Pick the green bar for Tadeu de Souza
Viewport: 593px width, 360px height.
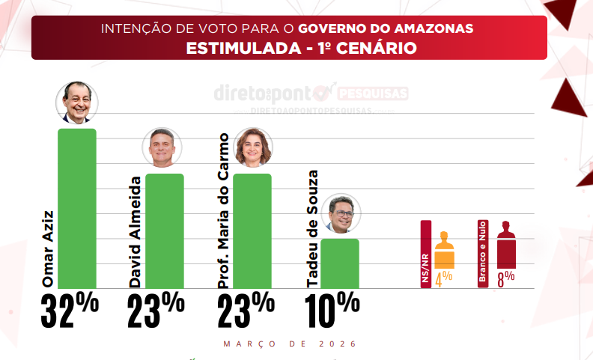click(x=340, y=263)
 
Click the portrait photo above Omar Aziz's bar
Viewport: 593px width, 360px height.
click(x=77, y=103)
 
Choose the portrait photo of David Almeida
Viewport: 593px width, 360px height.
click(x=164, y=147)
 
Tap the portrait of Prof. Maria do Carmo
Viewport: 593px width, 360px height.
click(x=253, y=147)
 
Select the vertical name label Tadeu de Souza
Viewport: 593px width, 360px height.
click(x=313, y=229)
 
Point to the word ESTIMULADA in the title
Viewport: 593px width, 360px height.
click(x=238, y=49)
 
